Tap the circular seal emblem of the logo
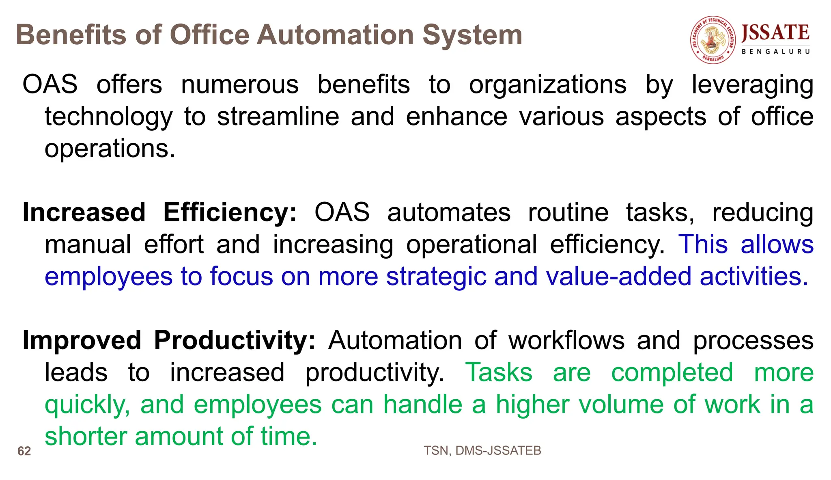pos(713,40)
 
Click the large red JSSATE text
pos(775,33)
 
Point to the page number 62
pos(24,451)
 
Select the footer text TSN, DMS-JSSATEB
pos(482,450)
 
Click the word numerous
pos(240,85)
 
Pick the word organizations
pos(548,85)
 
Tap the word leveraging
pos(752,86)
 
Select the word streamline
pos(278,117)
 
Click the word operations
pos(110,149)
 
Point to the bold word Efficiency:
pos(230,213)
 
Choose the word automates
pos(449,213)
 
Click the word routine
pos(568,213)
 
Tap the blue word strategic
pos(436,277)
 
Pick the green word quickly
pos(87,405)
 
